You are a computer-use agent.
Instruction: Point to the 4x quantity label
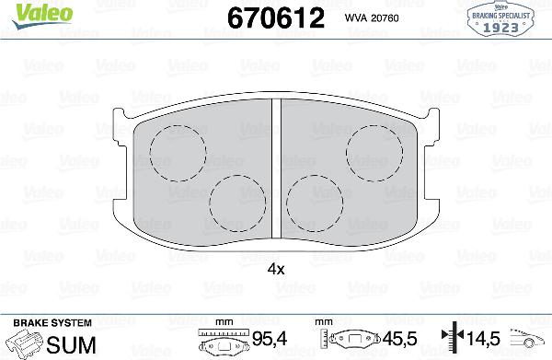[x=275, y=269]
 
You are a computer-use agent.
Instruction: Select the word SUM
[x=64, y=343]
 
